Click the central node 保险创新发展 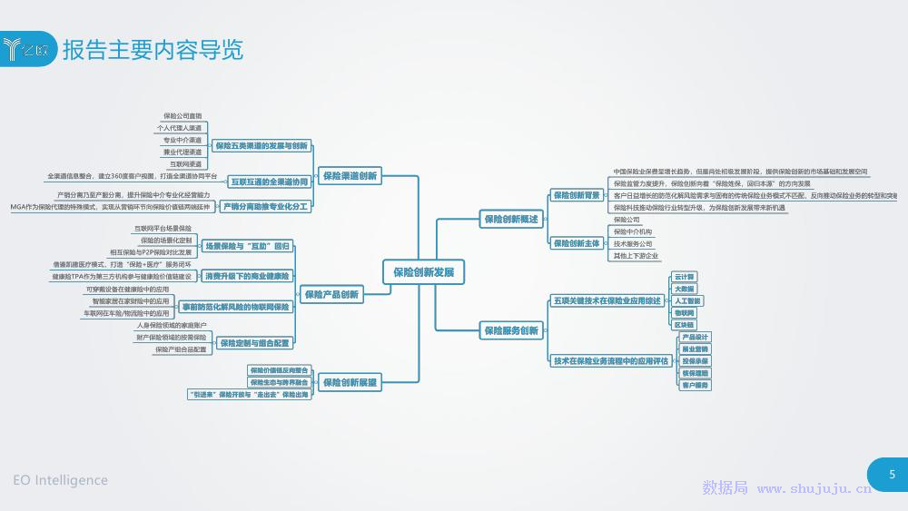[423, 271]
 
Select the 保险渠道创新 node [350, 176]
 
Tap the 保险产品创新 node [331, 294]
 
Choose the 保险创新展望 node [350, 383]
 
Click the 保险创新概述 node [511, 219]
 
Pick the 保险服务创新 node [511, 330]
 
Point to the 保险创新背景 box [577, 195]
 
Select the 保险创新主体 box [577, 243]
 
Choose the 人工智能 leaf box [687, 300]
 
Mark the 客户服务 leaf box [695, 385]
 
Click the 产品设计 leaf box [695, 337]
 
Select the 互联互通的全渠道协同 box [269, 182]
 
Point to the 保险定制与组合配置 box [255, 343]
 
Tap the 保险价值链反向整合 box [280, 370]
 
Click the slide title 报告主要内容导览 [153, 49]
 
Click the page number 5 [892, 475]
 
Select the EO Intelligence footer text [60, 480]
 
